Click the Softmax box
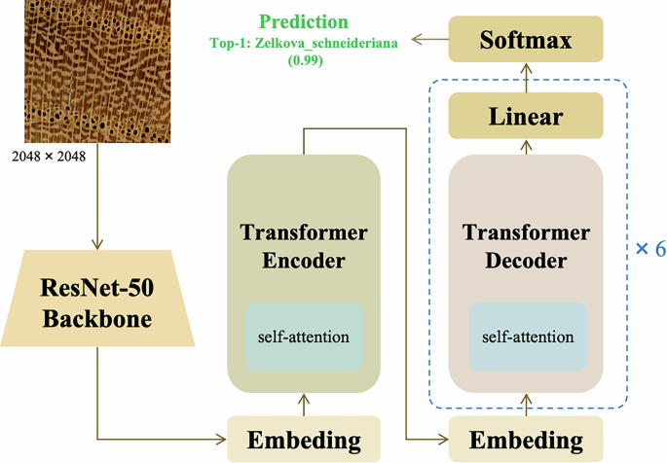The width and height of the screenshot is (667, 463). pos(526,41)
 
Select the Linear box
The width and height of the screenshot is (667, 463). pos(526,117)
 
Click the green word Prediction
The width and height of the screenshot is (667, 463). pos(303,21)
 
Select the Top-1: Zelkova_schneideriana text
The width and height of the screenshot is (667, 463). pos(303,44)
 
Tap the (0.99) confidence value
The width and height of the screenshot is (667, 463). pos(303,60)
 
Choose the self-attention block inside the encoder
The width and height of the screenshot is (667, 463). pos(304,337)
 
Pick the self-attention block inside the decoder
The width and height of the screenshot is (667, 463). pos(527,337)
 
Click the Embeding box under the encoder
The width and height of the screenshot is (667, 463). pos(304,441)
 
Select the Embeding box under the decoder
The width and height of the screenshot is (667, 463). pos(527,441)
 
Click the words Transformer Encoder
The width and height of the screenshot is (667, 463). pos(304,247)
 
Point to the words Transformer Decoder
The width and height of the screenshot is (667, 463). pos(527,247)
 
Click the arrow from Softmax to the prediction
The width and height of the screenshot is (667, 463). pos(428,40)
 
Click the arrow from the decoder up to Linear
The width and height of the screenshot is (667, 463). pos(526,146)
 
